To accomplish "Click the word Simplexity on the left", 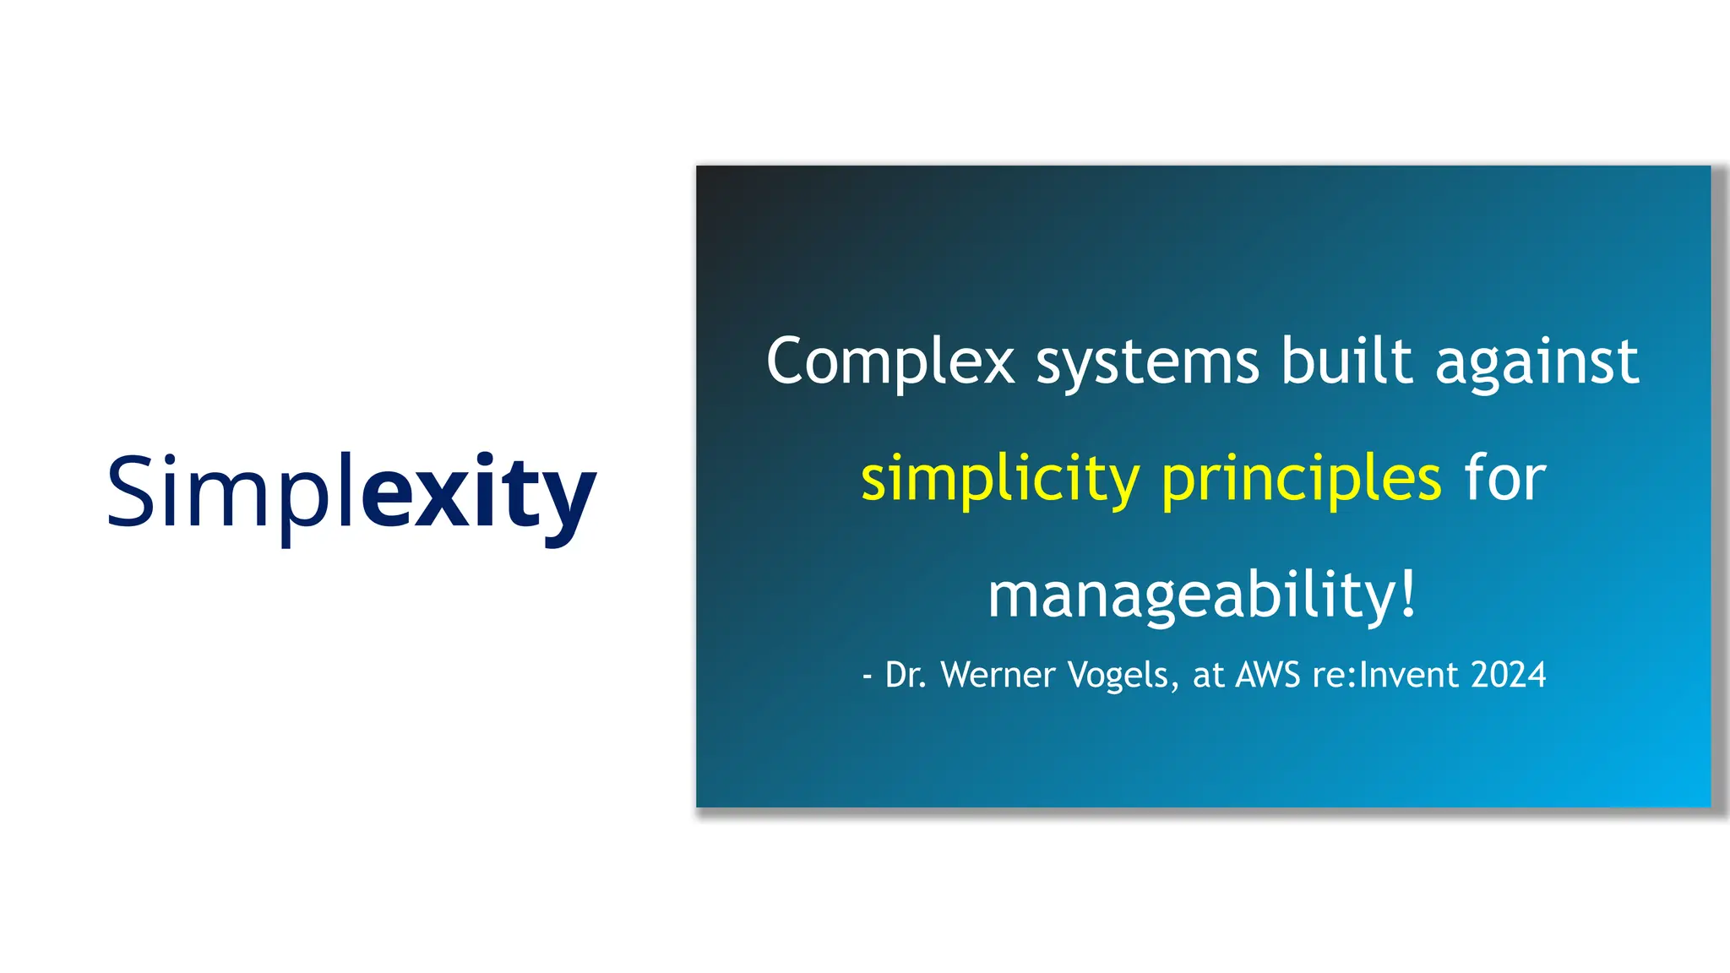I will point(351,493).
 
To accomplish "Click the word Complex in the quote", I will point(890,361).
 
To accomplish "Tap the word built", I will point(1346,361).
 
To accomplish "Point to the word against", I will point(1537,363).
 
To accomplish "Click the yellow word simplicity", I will point(1000,480).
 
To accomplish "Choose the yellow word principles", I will point(1302,480).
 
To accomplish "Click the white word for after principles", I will point(1504,478).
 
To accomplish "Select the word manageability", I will point(1192,596).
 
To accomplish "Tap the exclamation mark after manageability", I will point(1408,593).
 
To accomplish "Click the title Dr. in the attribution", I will point(906,675).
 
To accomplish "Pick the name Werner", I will point(998,675).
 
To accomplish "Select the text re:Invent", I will point(1385,675).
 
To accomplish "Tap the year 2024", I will point(1508,675).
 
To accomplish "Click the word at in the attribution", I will point(1208,675).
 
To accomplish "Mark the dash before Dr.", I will point(867,677).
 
